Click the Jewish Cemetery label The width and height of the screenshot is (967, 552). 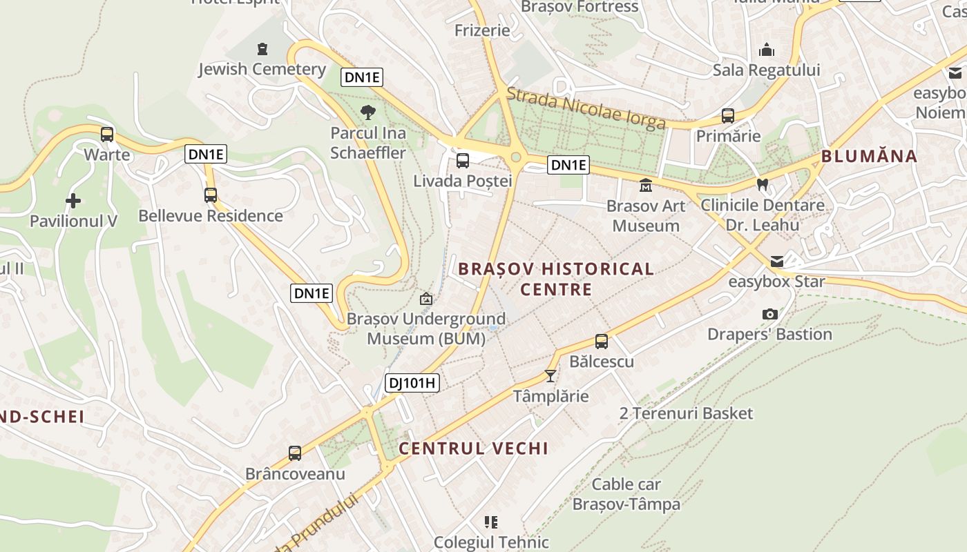(262, 69)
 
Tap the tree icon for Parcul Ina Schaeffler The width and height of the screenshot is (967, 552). (368, 112)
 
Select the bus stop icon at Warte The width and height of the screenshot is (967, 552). (107, 134)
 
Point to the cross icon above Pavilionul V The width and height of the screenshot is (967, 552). (73, 201)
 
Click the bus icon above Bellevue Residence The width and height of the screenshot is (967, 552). (211, 195)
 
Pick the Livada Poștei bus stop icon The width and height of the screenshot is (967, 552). (463, 161)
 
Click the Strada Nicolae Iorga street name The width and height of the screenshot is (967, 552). (586, 109)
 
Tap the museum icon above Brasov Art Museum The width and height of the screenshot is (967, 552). (646, 185)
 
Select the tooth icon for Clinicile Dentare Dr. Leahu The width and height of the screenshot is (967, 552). (763, 184)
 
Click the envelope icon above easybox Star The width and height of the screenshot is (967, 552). (777, 261)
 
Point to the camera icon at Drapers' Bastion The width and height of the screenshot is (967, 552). (770, 314)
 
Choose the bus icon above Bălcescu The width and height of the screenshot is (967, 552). (602, 341)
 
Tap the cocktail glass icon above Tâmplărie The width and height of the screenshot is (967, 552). (550, 375)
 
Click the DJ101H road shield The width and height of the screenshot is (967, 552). (412, 382)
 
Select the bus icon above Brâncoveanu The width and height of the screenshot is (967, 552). (295, 453)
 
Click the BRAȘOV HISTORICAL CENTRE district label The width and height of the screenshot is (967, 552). (556, 279)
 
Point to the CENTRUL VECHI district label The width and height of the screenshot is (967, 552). (474, 448)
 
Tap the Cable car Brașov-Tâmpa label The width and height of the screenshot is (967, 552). (626, 494)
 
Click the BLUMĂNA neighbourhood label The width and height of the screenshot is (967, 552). (869, 156)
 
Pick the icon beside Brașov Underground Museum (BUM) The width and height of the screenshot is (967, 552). (426, 299)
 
